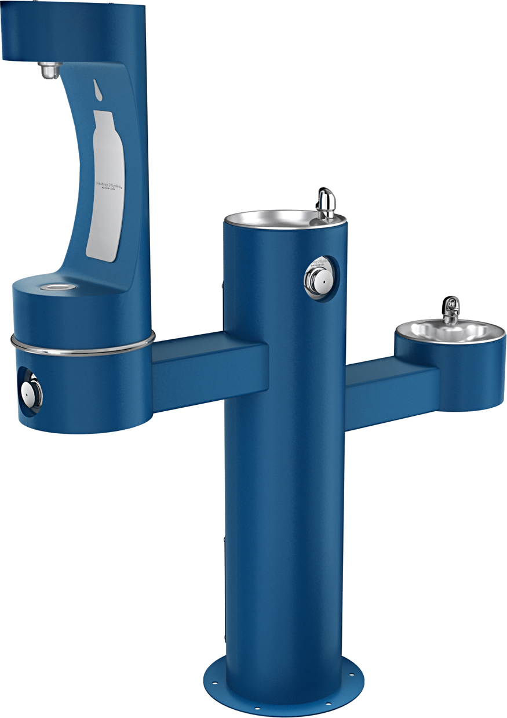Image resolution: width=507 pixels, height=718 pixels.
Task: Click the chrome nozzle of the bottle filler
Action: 49,71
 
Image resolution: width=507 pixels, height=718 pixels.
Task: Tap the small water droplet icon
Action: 97,89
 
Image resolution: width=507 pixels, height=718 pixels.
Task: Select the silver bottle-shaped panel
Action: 105,186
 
